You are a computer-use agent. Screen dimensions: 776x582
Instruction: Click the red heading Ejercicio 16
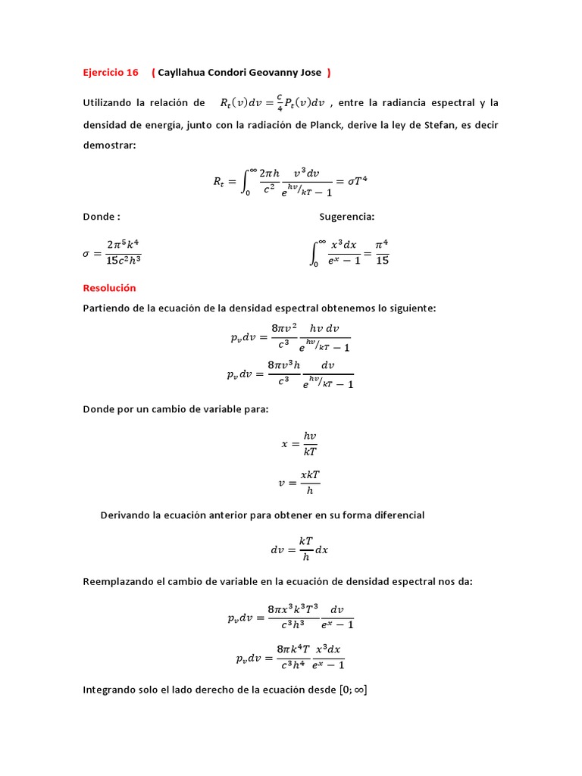click(111, 73)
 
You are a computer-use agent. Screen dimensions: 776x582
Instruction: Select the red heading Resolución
click(109, 288)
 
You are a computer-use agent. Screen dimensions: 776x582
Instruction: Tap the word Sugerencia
click(346, 217)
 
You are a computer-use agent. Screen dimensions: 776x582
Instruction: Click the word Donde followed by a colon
click(101, 217)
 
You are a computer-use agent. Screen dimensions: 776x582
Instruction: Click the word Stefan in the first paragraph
click(425, 124)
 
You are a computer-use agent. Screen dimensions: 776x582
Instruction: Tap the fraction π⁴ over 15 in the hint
click(381, 252)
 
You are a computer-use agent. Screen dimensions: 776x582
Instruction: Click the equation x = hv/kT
click(299, 444)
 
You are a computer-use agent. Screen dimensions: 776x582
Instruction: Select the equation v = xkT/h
click(299, 482)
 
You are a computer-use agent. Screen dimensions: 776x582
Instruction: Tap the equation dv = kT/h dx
click(299, 549)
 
